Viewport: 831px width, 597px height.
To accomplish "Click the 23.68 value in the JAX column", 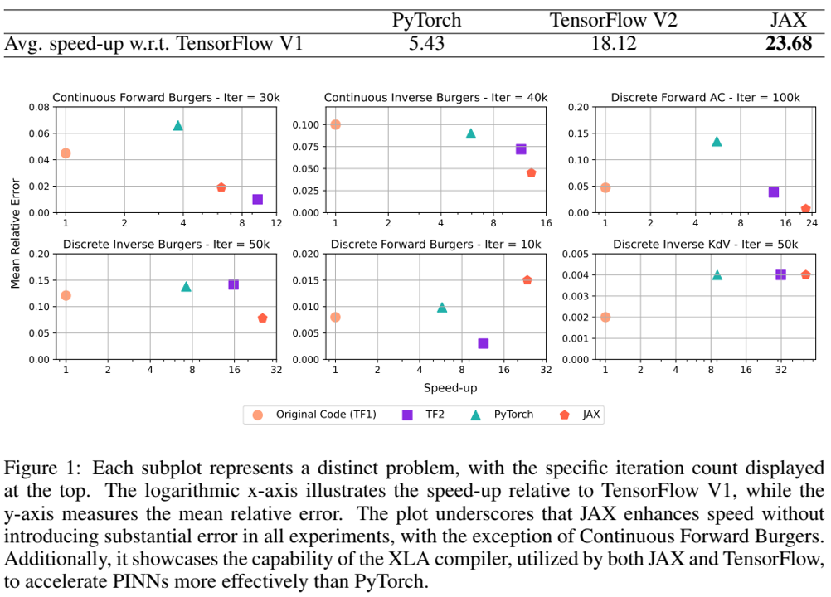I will [788, 44].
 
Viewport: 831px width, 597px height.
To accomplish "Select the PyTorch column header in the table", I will [426, 20].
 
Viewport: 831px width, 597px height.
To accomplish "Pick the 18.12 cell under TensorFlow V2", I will [613, 44].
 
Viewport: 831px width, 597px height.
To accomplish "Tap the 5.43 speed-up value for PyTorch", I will [426, 44].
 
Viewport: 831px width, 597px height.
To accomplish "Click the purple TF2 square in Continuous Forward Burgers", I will [257, 199].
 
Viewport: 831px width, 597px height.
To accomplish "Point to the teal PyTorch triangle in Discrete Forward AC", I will [717, 141].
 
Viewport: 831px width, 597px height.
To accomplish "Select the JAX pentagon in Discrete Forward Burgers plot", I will [527, 280].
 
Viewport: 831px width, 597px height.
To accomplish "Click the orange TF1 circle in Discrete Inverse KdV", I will [605, 317].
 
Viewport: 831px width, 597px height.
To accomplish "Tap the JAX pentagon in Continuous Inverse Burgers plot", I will [531, 173].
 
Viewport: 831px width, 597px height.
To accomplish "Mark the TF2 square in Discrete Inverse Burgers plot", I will [233, 284].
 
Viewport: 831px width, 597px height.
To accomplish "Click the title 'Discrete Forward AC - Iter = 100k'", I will [705, 97].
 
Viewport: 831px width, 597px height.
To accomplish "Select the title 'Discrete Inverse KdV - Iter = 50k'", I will [705, 244].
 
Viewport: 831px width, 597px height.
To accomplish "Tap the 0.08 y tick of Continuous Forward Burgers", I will [39, 107].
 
